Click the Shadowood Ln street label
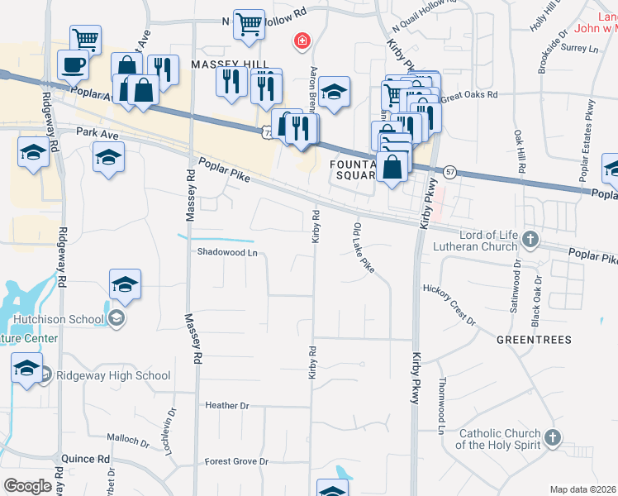pos(221,253)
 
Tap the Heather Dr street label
pos(226,406)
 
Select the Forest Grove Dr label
pos(237,461)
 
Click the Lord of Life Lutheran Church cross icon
pos(530,241)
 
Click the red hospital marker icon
pos(302,40)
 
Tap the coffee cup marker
pos(74,63)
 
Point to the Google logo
pos(27,486)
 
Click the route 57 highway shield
pos(449,171)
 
